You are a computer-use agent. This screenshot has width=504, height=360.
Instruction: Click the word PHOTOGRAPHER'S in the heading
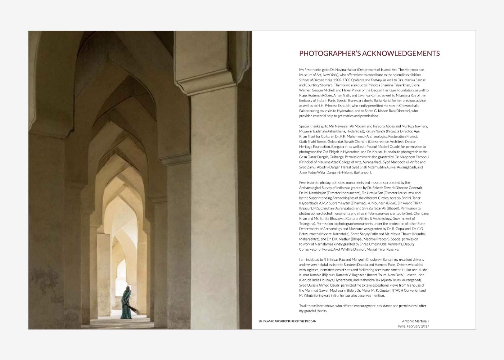click(329, 54)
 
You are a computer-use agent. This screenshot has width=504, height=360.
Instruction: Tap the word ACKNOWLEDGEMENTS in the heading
click(401, 54)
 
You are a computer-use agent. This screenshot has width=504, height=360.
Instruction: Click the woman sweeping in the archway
click(126, 303)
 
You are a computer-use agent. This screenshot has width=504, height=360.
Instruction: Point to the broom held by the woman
click(134, 309)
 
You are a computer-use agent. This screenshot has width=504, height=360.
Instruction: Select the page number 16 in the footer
click(260, 321)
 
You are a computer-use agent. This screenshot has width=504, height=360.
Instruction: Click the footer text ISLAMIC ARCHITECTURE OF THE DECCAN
click(290, 321)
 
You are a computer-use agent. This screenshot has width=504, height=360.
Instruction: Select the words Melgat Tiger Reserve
click(382, 249)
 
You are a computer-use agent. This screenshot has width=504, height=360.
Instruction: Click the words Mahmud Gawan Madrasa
click(322, 291)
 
